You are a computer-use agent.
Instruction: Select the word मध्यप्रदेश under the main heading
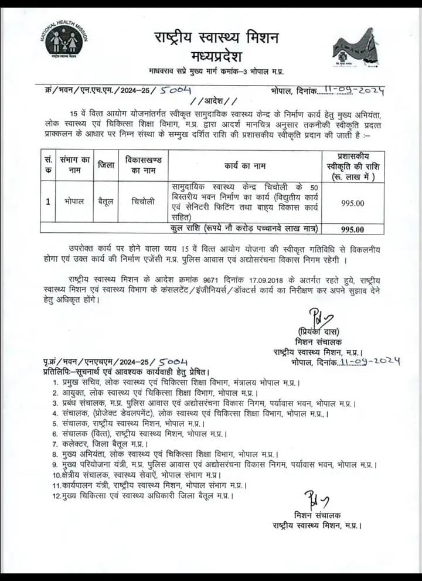click(x=216, y=56)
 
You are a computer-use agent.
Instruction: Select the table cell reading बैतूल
click(x=106, y=201)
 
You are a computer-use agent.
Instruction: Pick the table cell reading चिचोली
click(x=144, y=201)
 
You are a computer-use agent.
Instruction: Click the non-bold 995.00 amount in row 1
click(x=352, y=203)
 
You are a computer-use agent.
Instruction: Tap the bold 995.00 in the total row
click(x=352, y=229)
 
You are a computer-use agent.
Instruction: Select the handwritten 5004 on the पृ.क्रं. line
click(x=173, y=362)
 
